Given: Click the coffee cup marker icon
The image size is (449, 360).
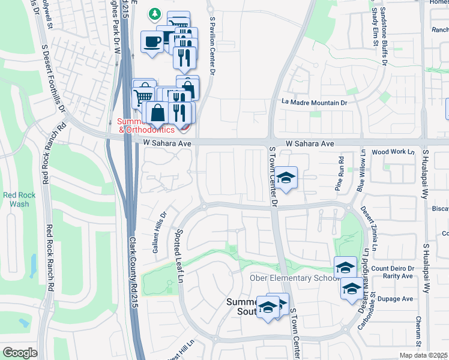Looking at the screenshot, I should point(150,41).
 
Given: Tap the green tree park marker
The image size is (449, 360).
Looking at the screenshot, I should point(155,13).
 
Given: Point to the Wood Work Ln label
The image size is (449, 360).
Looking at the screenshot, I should point(393,152).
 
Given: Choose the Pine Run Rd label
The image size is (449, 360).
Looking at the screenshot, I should point(340,173).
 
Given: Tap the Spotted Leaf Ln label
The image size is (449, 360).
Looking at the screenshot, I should point(179,254).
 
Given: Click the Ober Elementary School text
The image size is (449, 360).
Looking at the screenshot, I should point(291,278).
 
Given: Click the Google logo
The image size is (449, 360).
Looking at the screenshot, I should point(20,353).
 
